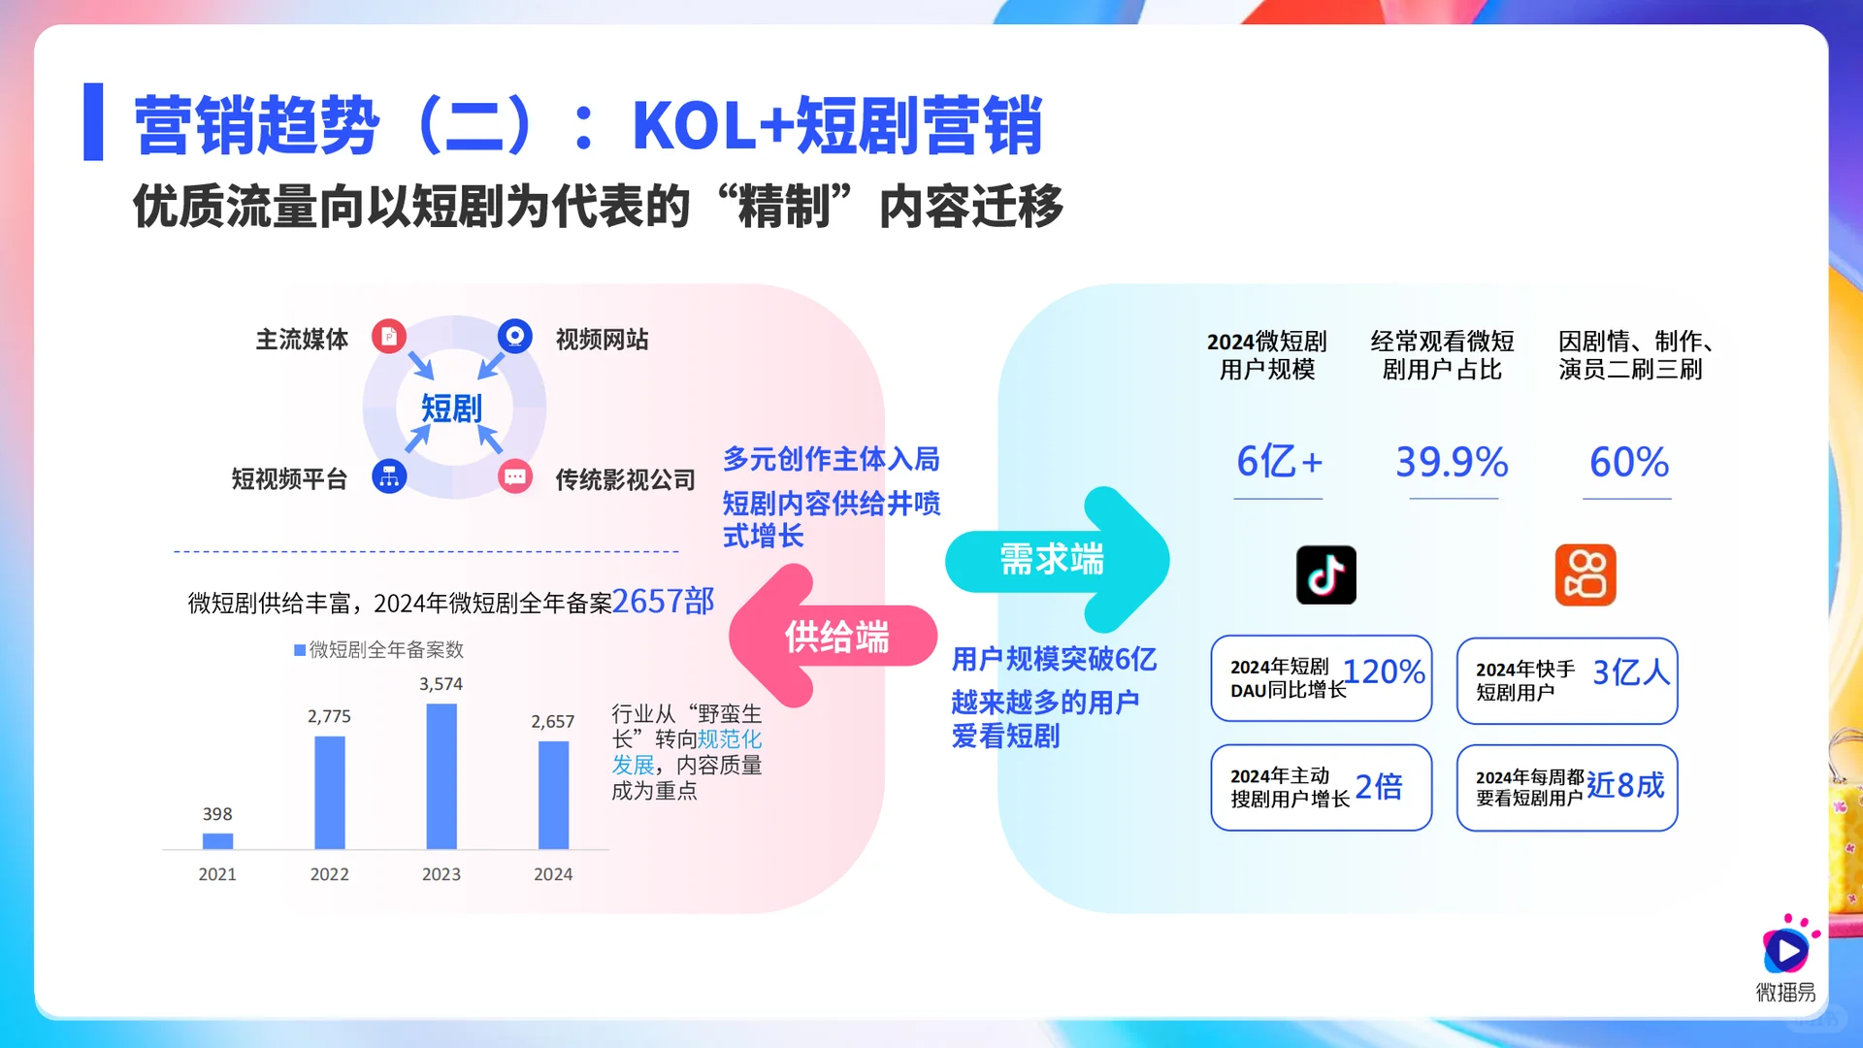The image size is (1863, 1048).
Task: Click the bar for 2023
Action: [x=441, y=776]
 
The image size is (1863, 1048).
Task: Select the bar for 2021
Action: [x=217, y=840]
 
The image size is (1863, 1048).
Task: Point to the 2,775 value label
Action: [x=329, y=716]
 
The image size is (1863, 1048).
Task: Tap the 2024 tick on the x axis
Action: [x=553, y=874]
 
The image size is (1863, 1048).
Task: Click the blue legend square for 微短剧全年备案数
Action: [x=300, y=650]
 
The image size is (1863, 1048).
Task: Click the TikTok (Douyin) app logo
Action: [x=1325, y=574]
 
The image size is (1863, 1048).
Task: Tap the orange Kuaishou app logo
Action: [x=1585, y=574]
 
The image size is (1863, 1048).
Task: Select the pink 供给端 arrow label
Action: [x=836, y=638]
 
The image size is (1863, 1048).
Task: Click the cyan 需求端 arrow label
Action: [x=1052, y=560]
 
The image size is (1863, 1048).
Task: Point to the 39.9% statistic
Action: [x=1452, y=462]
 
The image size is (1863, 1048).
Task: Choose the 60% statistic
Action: [x=1628, y=462]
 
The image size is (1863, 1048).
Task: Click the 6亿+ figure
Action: [x=1279, y=462]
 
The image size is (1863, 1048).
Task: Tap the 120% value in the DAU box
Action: [x=1384, y=671]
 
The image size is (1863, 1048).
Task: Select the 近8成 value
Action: [x=1625, y=785]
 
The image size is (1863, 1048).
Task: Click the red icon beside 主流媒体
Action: [x=389, y=337]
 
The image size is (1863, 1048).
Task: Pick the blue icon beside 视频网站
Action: [x=515, y=337]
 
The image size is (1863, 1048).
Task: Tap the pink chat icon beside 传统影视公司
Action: [x=515, y=476]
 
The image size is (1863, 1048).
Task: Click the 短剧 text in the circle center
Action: [x=451, y=409]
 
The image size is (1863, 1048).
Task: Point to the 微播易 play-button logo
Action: [x=1785, y=949]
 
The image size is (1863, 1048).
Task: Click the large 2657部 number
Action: [x=663, y=602]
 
